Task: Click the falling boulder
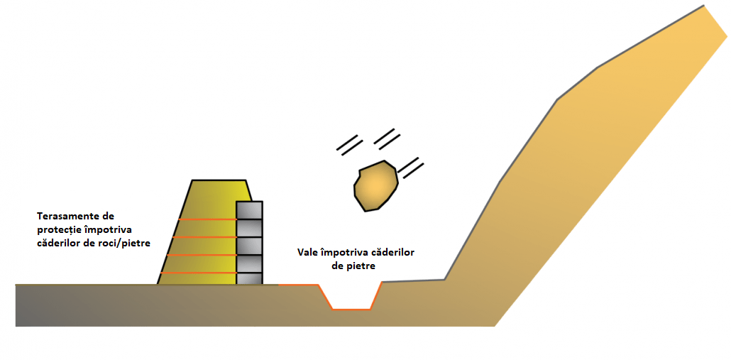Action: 376,186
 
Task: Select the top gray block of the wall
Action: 249,210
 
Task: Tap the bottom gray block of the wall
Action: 249,278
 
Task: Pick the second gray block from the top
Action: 249,228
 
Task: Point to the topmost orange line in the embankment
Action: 206,219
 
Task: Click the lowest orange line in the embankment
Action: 199,273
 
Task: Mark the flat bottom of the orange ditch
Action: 352,309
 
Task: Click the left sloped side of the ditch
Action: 326,297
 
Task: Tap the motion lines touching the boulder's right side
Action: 412,169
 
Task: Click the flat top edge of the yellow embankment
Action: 219,180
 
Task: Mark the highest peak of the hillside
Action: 704,6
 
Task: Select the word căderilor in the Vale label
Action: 392,252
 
